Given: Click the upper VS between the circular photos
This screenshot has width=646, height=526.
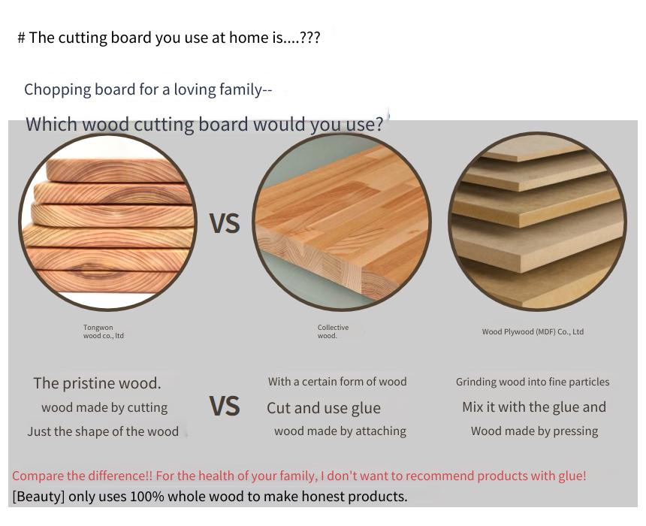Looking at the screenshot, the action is (x=225, y=223).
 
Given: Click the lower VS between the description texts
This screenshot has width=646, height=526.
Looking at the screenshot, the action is (x=225, y=406).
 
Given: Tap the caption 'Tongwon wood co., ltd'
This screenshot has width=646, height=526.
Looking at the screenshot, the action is (x=104, y=331).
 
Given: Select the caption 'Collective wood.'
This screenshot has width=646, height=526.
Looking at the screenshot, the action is (x=333, y=331).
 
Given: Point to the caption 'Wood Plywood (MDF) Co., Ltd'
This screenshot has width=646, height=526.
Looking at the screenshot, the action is (x=533, y=332).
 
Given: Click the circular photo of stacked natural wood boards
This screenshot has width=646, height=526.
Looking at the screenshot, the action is (x=107, y=222).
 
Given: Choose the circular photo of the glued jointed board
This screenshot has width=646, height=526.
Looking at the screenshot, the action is (x=342, y=222).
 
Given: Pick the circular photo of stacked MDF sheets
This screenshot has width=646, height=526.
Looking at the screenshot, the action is (x=538, y=221).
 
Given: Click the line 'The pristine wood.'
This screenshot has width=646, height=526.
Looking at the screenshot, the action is (x=97, y=383).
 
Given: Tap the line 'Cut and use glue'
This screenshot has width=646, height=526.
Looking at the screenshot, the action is (x=324, y=408).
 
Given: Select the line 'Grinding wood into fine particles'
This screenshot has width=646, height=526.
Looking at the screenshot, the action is (x=533, y=382).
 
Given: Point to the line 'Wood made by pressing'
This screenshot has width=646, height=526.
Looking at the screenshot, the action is (x=534, y=431).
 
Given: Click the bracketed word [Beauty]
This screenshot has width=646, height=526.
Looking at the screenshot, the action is (x=39, y=497).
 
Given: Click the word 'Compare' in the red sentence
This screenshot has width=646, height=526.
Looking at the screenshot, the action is (x=38, y=476).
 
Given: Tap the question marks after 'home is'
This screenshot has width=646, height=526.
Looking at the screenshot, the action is (x=309, y=38).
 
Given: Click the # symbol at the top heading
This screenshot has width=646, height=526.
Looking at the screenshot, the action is (x=22, y=38).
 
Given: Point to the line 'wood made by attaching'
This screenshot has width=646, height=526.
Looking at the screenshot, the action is (x=340, y=431).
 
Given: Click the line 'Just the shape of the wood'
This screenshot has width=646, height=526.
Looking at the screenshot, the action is (x=103, y=431).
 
